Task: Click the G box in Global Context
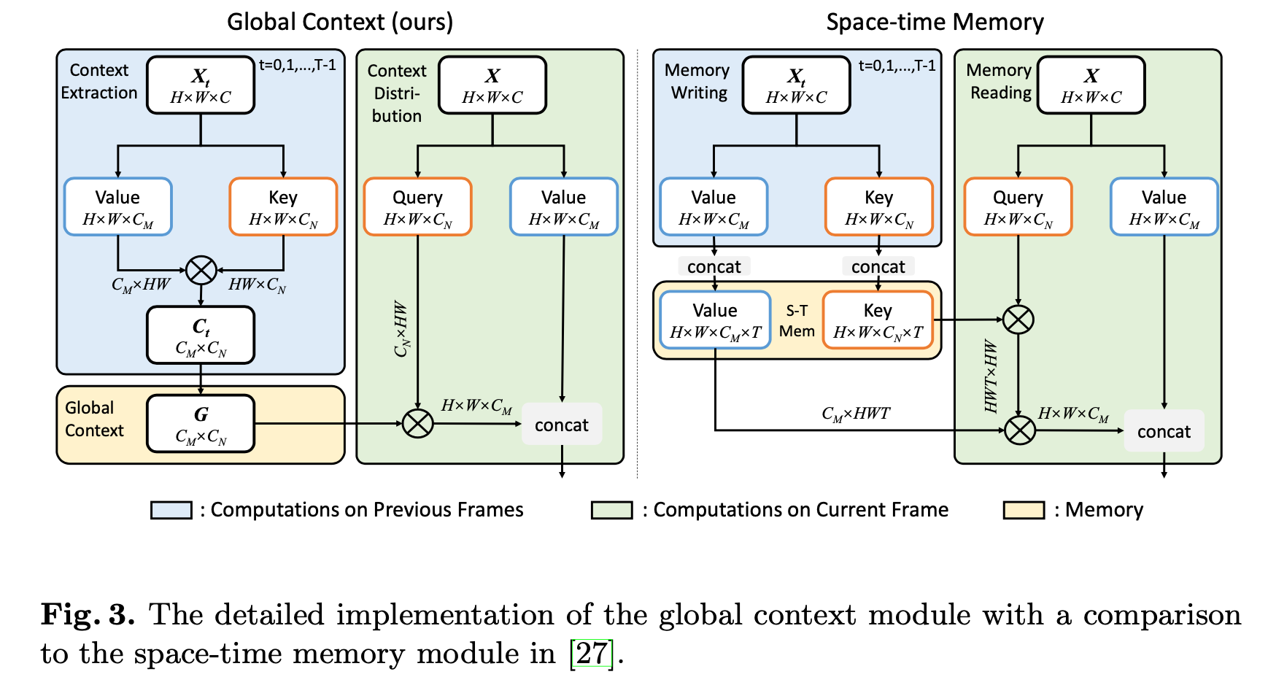point(201,424)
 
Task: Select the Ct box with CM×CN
point(201,335)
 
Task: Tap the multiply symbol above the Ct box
point(201,271)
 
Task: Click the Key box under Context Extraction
point(283,206)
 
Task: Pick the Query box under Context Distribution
point(417,206)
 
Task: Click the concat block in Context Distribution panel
point(561,425)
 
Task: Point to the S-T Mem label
point(797,321)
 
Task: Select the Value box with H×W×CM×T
point(715,320)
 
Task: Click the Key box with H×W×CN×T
point(878,320)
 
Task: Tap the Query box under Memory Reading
point(1018,206)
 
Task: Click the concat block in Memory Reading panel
point(1164,431)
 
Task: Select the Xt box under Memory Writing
point(796,85)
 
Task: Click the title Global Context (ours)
point(340,22)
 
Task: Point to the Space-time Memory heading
point(935,22)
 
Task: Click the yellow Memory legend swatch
point(1024,510)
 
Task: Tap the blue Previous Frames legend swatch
point(171,510)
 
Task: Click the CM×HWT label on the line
point(856,414)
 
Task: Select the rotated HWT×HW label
point(990,376)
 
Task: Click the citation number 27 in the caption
point(591,654)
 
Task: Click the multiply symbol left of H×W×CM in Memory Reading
point(1019,430)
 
